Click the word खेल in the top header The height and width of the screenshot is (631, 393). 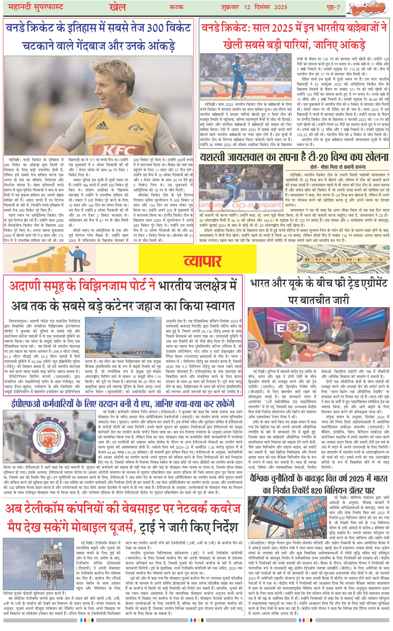118,7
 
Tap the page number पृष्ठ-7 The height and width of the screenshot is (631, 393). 333,7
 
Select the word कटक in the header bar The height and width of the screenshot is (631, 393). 176,7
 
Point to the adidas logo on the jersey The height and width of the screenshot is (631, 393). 102,127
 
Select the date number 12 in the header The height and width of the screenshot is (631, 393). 247,7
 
